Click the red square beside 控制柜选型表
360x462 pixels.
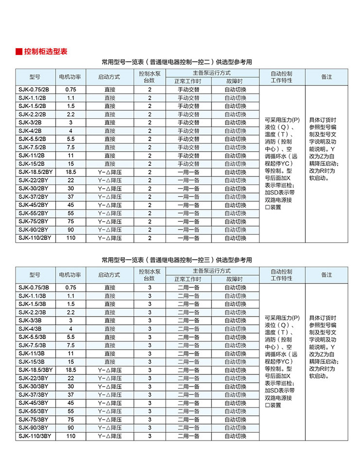pos(19,52)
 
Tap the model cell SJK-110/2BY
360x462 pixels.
pos(34,238)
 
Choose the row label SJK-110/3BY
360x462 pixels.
pos(34,436)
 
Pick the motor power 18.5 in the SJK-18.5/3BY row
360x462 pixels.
pos(71,370)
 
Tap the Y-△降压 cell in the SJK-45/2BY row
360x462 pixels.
pos(109,205)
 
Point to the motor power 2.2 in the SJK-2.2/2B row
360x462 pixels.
pos(71,114)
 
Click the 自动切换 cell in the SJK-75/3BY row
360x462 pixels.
pos(235,420)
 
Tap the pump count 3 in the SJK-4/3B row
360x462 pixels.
pos(150,329)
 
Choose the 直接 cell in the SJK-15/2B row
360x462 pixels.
pos(109,164)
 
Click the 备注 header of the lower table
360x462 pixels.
pos(326,275)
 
